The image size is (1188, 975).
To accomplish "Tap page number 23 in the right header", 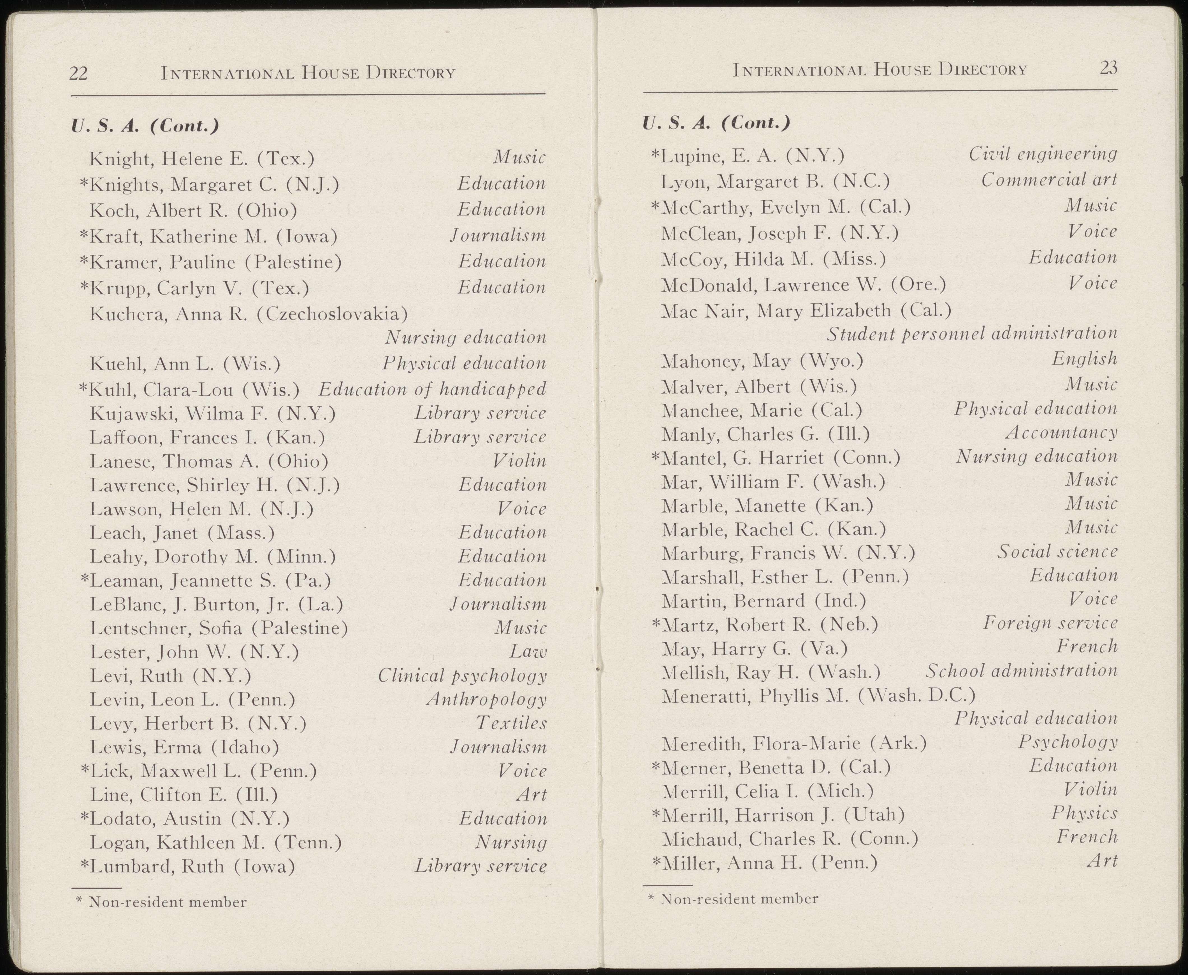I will point(1108,69).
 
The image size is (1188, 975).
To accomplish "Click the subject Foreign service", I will point(1050,623).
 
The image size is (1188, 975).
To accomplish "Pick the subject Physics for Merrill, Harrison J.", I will point(1084,813).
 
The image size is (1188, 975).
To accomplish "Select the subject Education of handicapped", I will point(432,389).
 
